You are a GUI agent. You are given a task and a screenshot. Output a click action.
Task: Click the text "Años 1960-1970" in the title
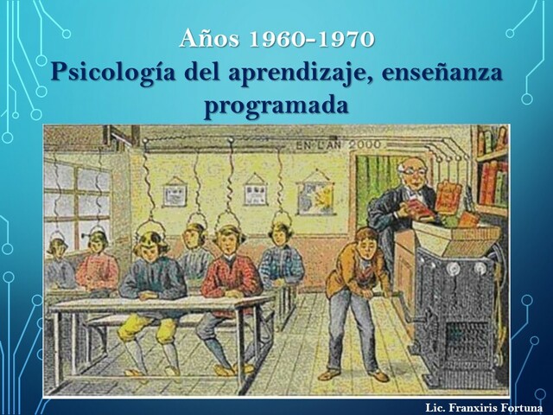pos(276,39)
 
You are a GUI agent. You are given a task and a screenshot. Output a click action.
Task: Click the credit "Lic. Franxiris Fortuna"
pos(484,406)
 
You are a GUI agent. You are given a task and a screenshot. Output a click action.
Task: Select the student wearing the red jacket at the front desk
pos(232,272)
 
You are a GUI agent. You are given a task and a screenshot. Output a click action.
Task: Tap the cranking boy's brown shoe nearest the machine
pos(378,375)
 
